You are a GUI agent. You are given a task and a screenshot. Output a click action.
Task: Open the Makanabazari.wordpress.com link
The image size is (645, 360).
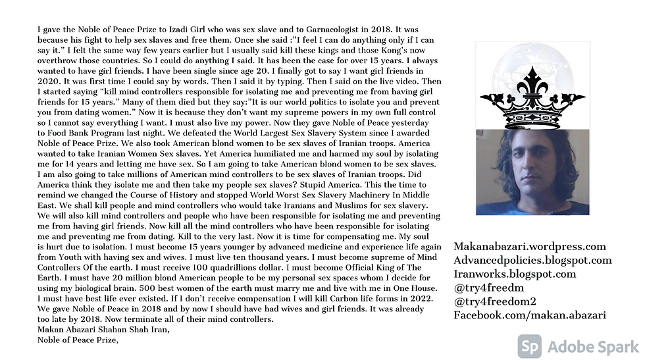point(530,247)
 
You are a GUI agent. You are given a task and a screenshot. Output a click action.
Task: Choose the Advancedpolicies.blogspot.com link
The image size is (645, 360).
point(532,261)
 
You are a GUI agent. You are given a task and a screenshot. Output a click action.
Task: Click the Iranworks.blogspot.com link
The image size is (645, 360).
point(515,274)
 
